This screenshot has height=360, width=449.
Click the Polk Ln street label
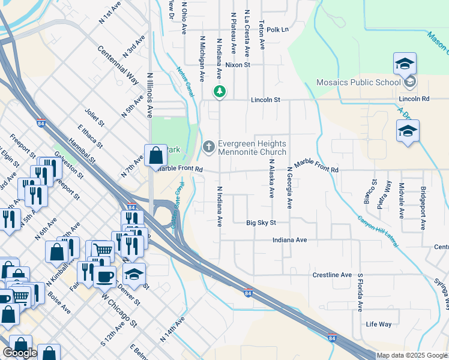point(277,29)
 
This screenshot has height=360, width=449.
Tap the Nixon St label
point(238,64)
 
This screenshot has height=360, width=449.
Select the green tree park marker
point(220,91)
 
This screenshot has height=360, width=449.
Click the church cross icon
point(208,146)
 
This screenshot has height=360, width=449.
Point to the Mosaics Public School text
point(358,82)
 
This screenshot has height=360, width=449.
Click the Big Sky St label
point(261,223)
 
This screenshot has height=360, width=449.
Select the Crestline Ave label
point(332,275)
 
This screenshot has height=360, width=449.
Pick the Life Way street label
point(379,324)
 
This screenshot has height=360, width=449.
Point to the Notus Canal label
point(184,80)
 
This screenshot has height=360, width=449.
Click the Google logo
point(20,353)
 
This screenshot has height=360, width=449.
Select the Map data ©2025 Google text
point(412,355)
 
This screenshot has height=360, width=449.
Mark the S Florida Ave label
point(361,293)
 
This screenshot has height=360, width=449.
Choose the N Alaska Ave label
point(271,178)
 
